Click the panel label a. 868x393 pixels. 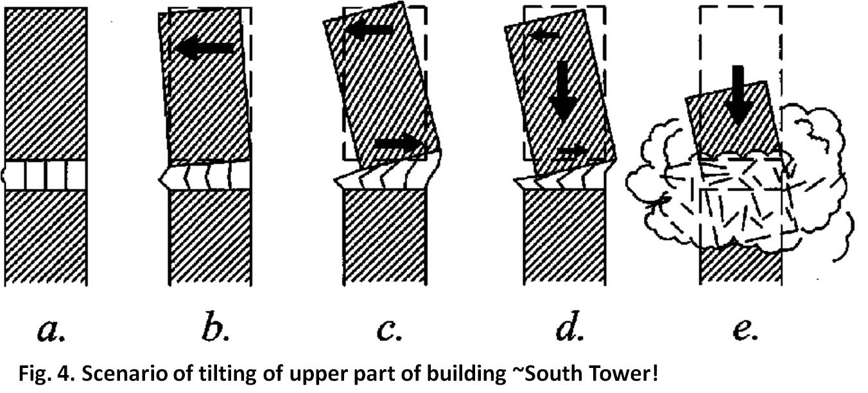[x=51, y=331]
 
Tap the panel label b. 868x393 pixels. [x=216, y=327]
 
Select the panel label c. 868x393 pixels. [x=389, y=331]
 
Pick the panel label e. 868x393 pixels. [x=745, y=331]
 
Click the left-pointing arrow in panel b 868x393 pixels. [x=205, y=48]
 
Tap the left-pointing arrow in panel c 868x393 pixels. [x=369, y=30]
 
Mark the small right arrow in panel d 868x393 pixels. [x=572, y=150]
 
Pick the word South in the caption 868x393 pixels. [x=554, y=374]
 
